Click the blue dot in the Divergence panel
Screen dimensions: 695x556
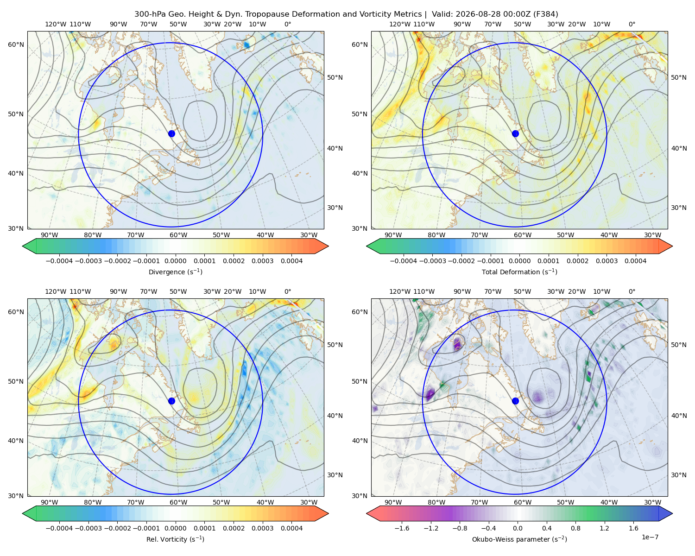[171, 133]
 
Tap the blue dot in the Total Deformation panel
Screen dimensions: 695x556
[515, 133]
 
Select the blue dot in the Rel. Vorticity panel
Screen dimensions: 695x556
[171, 401]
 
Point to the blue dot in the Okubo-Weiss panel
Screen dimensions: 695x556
[515, 401]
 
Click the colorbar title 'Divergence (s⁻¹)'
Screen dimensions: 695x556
[175, 272]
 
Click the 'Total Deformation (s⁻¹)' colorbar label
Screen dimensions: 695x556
[519, 272]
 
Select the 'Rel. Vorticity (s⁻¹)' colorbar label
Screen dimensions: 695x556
[175, 539]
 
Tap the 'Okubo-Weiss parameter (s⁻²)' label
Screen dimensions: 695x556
[519, 539]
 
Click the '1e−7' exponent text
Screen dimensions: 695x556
[650, 537]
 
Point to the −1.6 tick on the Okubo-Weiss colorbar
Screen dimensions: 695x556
[402, 528]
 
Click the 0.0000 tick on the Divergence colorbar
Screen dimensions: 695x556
[175, 261]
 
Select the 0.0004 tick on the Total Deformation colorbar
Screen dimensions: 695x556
[635, 261]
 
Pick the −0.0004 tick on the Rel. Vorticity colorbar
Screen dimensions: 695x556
[59, 528]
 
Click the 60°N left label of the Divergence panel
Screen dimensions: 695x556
[16, 44]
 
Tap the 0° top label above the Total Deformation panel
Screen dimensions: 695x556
[632, 24]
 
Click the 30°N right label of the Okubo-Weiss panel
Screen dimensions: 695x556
[679, 475]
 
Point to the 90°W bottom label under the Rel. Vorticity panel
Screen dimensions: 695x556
[50, 502]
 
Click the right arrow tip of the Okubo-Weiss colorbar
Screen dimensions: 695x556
[672, 513]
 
